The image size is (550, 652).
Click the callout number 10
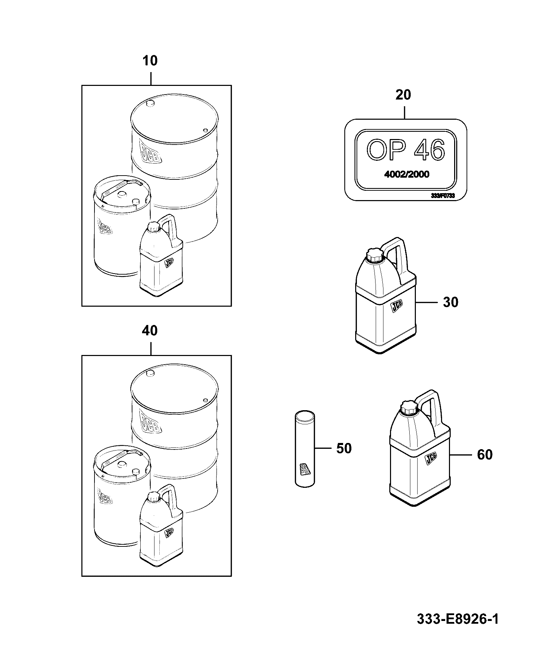tap(150, 61)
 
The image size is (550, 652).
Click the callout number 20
tap(403, 95)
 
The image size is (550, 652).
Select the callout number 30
tap(450, 302)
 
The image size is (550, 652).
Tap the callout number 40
tap(150, 331)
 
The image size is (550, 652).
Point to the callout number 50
tap(344, 448)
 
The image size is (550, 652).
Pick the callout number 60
tap(485, 455)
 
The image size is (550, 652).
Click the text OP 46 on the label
tap(406, 150)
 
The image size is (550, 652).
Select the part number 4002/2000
tap(407, 175)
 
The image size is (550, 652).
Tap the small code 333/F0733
tap(443, 196)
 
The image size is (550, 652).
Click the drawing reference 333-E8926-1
tap(458, 619)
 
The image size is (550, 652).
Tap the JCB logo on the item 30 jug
tap(397, 306)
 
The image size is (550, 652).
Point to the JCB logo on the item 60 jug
tap(431, 458)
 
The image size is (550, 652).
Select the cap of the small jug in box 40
tap(152, 497)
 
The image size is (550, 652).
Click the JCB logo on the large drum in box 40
tap(150, 422)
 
